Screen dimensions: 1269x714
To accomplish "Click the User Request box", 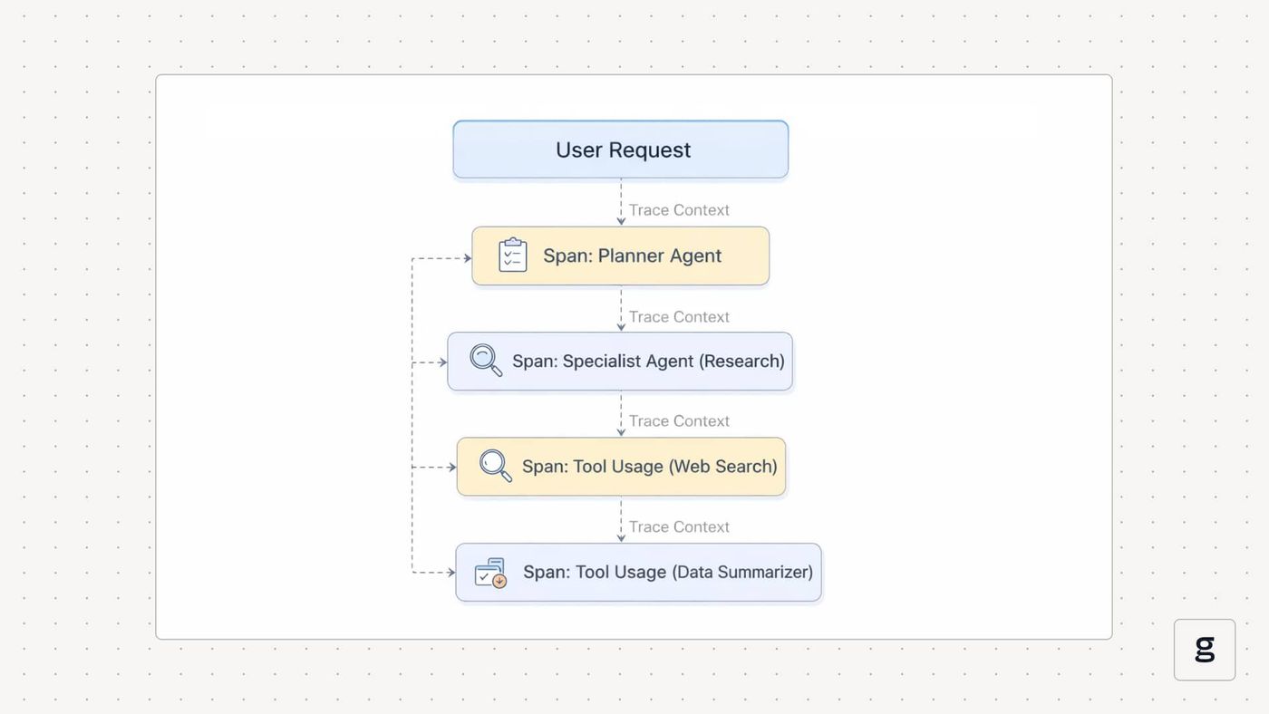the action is pyautogui.click(x=620, y=150).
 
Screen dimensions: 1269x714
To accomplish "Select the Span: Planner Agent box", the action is pyautogui.click(x=620, y=256).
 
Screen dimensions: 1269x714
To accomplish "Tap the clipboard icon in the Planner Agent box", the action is pyautogui.click(x=513, y=255).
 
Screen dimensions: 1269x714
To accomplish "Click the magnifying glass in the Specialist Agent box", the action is pyautogui.click(x=486, y=360).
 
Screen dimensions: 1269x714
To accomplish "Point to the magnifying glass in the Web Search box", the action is pyautogui.click(x=495, y=466).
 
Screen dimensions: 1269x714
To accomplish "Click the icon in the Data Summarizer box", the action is pyautogui.click(x=490, y=573).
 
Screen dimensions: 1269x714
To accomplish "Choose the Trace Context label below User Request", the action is pyautogui.click(x=679, y=210).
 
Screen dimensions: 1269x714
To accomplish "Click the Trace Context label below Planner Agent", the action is pyautogui.click(x=679, y=316).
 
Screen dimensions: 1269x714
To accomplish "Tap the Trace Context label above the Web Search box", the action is pyautogui.click(x=679, y=421).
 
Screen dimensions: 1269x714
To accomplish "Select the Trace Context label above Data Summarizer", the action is pyautogui.click(x=679, y=527).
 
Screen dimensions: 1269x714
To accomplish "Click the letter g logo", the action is pyautogui.click(x=1205, y=650).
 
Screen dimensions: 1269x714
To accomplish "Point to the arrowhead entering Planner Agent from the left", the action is pyautogui.click(x=468, y=258).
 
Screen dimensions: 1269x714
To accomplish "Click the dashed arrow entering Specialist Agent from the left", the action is pyautogui.click(x=430, y=362).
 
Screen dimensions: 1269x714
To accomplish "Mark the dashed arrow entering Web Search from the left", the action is pyautogui.click(x=434, y=468).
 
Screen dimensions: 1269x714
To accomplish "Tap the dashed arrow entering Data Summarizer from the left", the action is pyautogui.click(x=433, y=573).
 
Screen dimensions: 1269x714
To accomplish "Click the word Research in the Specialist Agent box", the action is pyautogui.click(x=741, y=362).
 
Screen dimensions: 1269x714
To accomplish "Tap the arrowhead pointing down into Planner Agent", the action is pyautogui.click(x=621, y=221).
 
